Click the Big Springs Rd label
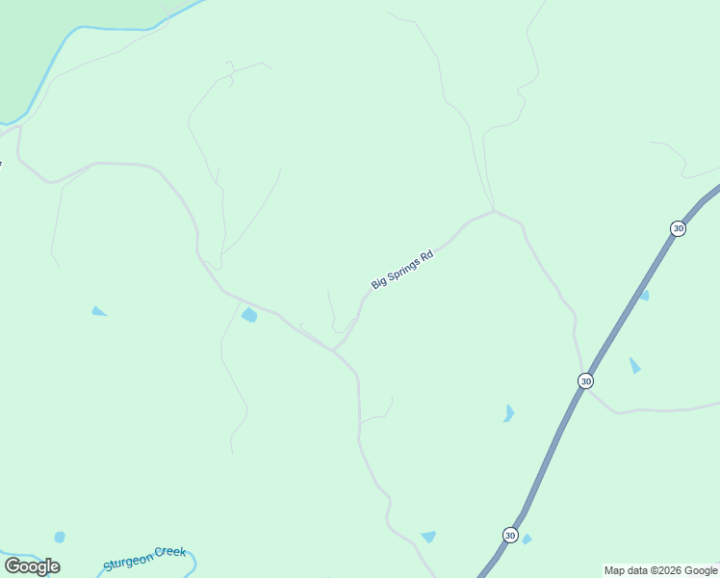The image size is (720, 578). (402, 270)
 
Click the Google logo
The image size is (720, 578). (32, 566)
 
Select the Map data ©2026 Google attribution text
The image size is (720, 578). (661, 570)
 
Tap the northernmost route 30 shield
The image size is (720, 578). (678, 228)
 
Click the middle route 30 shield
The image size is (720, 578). (585, 381)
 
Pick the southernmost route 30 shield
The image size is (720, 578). (509, 535)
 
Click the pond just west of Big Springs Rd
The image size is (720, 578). (249, 315)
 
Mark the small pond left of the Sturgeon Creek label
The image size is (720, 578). (60, 537)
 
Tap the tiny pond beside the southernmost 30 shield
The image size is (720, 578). (527, 539)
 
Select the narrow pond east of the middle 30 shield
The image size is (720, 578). (634, 365)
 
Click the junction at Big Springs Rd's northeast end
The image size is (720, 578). (494, 211)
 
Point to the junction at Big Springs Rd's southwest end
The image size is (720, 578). (334, 350)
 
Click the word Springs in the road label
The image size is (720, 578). (403, 269)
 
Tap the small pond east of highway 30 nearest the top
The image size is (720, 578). (644, 295)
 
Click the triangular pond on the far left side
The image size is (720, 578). (98, 311)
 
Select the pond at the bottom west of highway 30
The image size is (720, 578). (428, 537)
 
